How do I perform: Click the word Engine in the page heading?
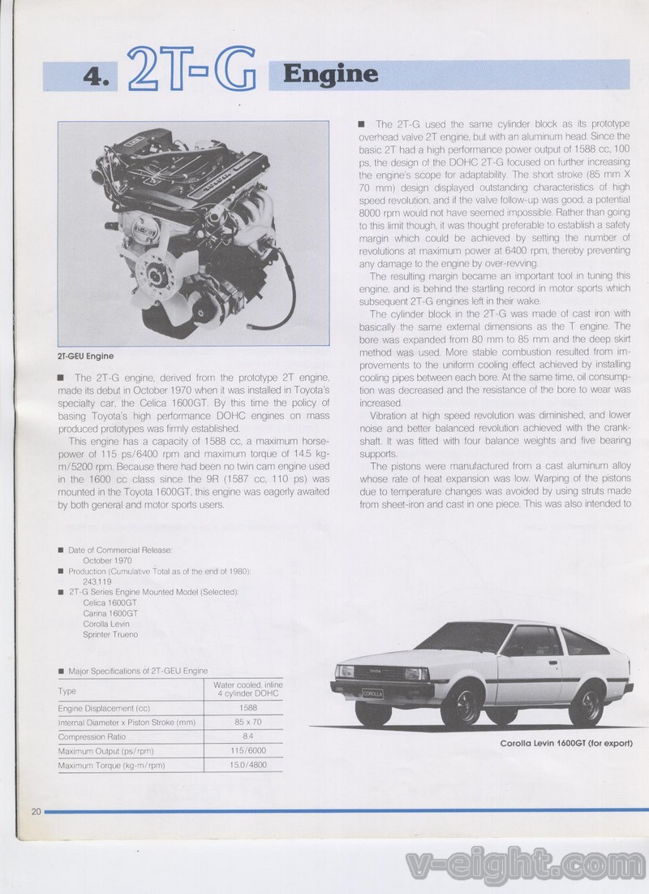(x=330, y=75)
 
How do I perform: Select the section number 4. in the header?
(x=98, y=79)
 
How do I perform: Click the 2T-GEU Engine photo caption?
(x=85, y=356)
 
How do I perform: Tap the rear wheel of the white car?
(x=585, y=704)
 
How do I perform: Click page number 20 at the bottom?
(x=36, y=811)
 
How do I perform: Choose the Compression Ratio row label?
(x=89, y=736)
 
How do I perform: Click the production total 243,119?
(x=100, y=581)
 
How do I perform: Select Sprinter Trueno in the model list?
(x=110, y=634)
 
